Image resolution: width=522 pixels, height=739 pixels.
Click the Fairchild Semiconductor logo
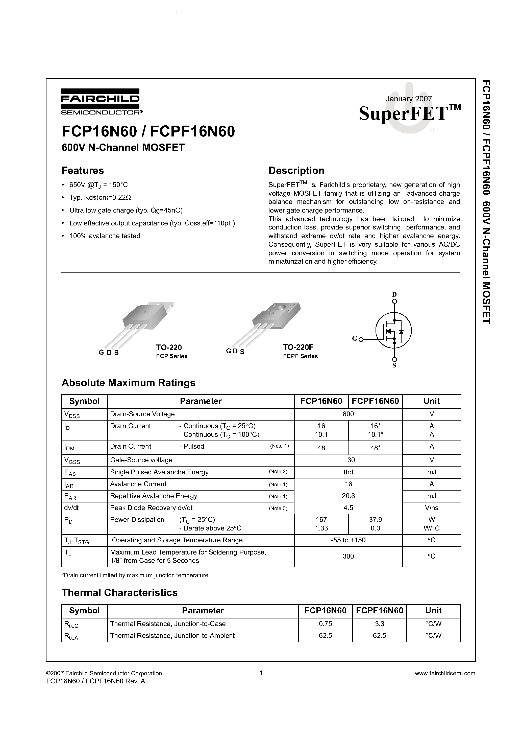coord(100,101)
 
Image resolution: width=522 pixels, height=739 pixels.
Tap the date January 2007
coord(408,99)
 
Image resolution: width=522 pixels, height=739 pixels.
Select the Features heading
coord(83,170)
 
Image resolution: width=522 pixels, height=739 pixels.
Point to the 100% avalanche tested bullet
coord(105,236)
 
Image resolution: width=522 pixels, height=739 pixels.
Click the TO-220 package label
coord(169,347)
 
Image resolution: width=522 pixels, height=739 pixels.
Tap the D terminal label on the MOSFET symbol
coord(394,294)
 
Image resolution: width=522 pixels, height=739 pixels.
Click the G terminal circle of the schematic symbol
coord(361,339)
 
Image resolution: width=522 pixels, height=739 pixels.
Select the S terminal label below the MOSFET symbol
coord(394,366)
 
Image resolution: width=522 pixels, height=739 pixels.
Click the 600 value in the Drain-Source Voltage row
coord(348,414)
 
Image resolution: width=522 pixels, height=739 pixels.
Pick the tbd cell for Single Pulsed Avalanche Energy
coord(348,472)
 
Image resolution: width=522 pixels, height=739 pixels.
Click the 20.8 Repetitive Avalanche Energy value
coord(348,496)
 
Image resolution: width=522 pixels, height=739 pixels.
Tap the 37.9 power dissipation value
coord(375,519)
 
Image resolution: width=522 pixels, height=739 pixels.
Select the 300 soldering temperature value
coord(348,556)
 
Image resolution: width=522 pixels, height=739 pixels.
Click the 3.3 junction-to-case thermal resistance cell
coord(379,624)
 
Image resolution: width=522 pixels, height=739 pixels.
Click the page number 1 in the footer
coord(261,673)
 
